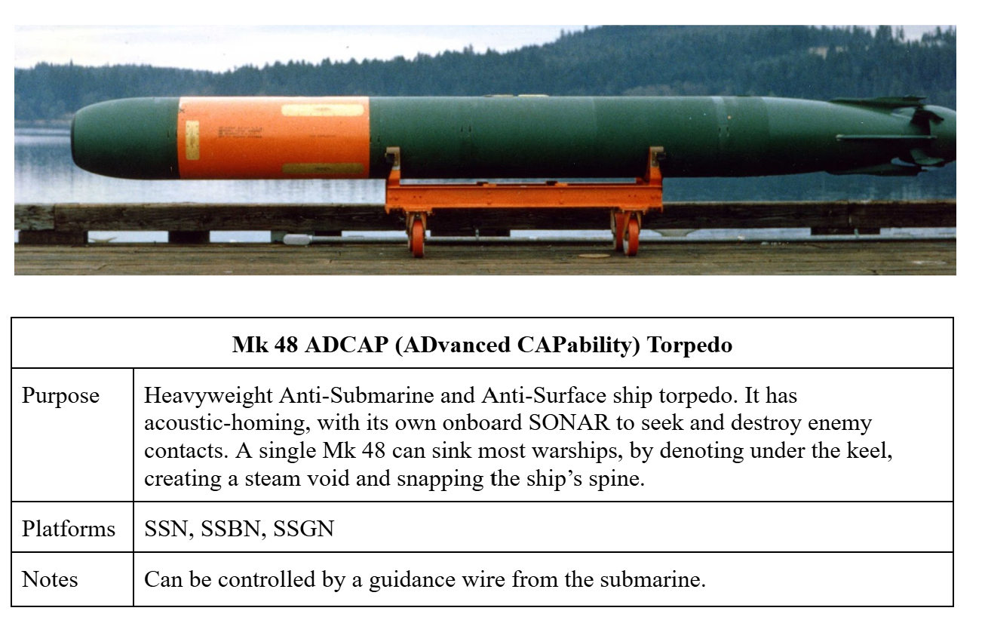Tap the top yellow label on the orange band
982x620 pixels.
(x=322, y=110)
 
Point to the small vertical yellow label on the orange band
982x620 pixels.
(x=192, y=140)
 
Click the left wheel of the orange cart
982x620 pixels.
(x=416, y=235)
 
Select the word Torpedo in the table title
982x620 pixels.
(x=690, y=345)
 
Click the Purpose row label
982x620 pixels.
(x=60, y=395)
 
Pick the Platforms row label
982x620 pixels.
(x=69, y=528)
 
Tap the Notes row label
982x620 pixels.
(x=50, y=579)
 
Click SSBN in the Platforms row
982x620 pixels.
(x=229, y=528)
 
